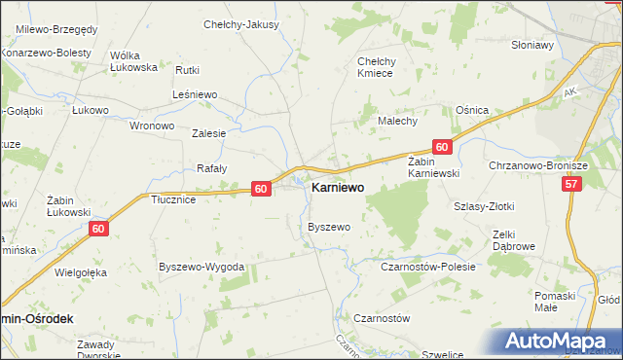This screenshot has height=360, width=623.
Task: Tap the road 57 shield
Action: coord(571,183)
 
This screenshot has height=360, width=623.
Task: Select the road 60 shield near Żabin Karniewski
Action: coord(442,147)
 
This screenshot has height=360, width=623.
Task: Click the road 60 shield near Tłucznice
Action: coord(260,189)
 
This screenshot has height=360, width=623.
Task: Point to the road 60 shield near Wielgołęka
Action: coord(98,229)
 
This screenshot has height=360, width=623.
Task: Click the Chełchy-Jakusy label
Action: coord(240,24)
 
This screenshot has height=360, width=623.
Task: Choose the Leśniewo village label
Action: coord(195,95)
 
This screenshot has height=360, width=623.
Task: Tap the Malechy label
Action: coord(397,121)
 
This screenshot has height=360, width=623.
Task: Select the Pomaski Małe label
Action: coord(556,301)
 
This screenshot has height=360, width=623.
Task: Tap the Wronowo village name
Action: coord(152,126)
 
